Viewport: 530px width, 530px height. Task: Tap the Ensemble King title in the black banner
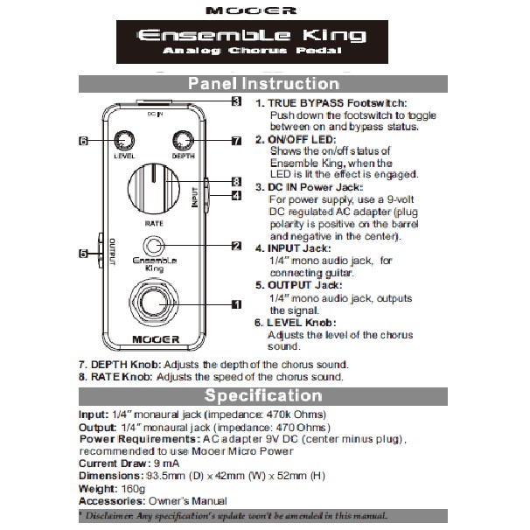tap(253, 37)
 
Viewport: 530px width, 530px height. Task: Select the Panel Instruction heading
tap(264, 85)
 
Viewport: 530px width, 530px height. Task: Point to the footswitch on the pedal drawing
tap(154, 305)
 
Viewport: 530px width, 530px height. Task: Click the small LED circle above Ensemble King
tap(154, 247)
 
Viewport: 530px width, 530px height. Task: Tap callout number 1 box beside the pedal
tap(236, 304)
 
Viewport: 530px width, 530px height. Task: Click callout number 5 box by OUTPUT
tap(84, 254)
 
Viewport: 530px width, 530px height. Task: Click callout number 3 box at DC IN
tap(236, 101)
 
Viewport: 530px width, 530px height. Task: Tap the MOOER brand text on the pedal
tap(155, 338)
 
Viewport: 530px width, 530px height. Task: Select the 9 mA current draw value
tap(167, 464)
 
